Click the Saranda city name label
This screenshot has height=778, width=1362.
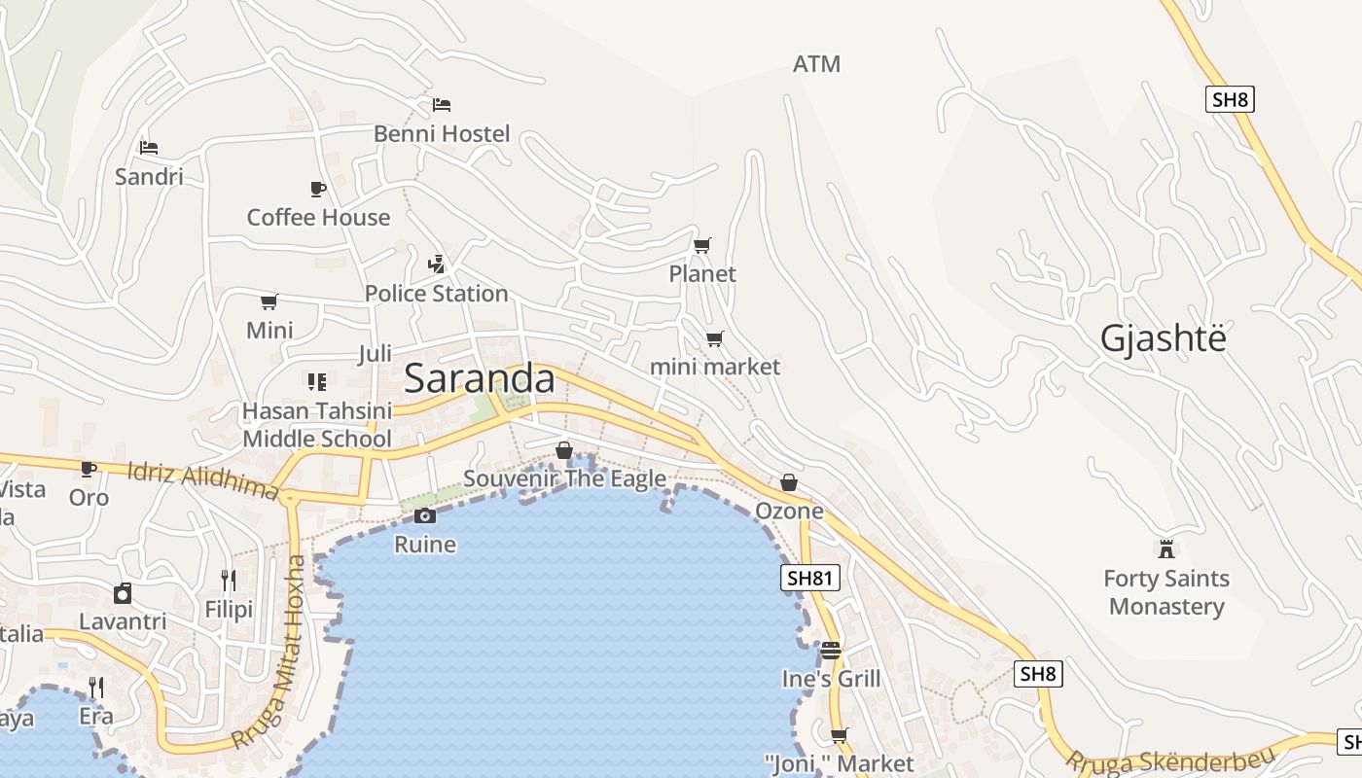479,378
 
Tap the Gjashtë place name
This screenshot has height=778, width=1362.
1163,338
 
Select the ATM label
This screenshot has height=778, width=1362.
816,64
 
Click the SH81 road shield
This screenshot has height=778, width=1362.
810,579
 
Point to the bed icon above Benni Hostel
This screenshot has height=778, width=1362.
442,104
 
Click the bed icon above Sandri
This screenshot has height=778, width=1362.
149,148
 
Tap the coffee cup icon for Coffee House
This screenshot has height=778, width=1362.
317,189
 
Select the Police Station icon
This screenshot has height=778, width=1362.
437,264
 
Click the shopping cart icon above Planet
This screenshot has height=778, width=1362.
702,245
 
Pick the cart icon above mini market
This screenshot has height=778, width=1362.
715,338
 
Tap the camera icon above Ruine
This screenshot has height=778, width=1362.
425,515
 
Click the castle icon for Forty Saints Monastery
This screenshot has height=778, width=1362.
1166,548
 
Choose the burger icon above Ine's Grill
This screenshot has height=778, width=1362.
830,650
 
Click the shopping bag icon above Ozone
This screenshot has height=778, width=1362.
789,482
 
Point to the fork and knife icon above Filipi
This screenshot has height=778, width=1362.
229,581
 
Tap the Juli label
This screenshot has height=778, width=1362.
375,353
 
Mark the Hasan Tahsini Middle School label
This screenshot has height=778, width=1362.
317,425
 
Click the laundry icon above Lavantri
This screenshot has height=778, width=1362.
123,593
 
